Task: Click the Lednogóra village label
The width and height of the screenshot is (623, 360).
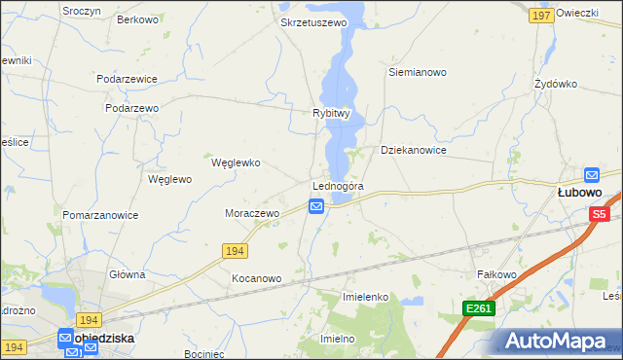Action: (338, 186)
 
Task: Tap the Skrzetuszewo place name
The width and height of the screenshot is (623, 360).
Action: (313, 21)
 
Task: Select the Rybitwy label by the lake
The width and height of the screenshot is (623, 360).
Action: (331, 113)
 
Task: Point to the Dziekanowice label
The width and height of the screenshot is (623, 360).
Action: (414, 151)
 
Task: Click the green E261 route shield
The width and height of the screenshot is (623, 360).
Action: (479, 308)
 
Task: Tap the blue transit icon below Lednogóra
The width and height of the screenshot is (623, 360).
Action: (316, 206)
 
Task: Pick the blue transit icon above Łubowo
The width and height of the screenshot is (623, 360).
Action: (592, 175)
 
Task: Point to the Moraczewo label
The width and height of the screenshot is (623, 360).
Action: (252, 213)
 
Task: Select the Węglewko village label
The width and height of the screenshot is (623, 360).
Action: (236, 162)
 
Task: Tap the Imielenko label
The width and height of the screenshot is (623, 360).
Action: (366, 296)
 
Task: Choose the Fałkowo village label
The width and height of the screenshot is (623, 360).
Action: (495, 274)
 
